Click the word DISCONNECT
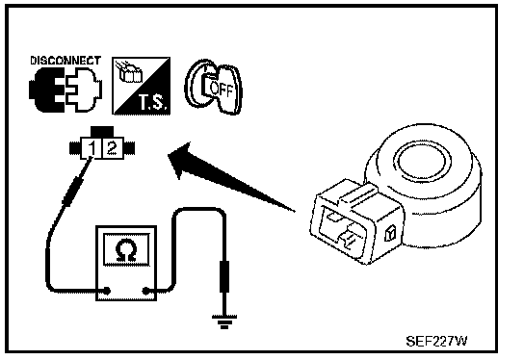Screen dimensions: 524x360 [65, 61]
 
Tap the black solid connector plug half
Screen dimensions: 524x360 [47, 90]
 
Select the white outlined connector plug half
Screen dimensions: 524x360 [84, 90]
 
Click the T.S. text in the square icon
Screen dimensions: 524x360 [152, 102]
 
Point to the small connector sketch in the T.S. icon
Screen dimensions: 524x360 [129, 72]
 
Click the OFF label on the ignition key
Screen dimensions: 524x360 [222, 89]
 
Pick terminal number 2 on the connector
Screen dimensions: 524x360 [112, 147]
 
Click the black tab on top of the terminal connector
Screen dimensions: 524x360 [102, 131]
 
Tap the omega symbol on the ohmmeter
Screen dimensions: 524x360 [126, 250]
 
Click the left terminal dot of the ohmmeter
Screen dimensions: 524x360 [107, 291]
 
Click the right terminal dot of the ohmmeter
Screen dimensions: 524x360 [145, 292]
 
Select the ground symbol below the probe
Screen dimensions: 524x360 [224, 321]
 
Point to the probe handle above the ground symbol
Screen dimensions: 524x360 [224, 276]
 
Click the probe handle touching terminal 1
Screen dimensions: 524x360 [73, 191]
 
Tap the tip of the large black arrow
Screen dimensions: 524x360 [169, 154]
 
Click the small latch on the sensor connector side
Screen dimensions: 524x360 [390, 232]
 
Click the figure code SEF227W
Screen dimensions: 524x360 [436, 341]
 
